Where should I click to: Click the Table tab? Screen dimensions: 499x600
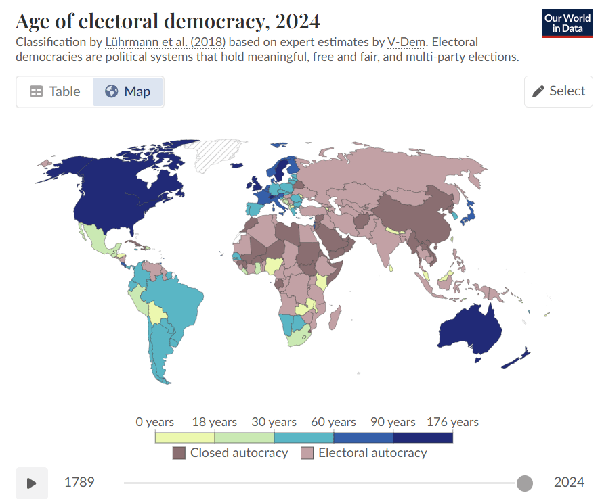click(x=55, y=91)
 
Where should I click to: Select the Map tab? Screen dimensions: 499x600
click(x=128, y=91)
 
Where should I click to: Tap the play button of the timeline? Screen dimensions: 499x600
click(x=32, y=483)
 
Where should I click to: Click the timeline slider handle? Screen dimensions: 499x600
click(x=524, y=483)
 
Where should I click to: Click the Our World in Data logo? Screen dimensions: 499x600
click(x=567, y=24)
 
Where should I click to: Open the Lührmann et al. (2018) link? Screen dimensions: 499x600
click(x=166, y=42)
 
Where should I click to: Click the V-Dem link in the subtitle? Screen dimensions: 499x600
click(x=406, y=42)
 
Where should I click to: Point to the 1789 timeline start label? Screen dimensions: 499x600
click(x=79, y=483)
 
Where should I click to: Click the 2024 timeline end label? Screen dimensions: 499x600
click(x=569, y=483)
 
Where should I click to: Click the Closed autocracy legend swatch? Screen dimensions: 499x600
click(x=179, y=453)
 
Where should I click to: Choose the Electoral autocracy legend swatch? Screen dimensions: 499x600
click(x=307, y=453)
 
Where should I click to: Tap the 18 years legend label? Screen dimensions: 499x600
click(x=214, y=422)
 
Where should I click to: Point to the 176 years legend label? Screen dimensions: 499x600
click(x=452, y=422)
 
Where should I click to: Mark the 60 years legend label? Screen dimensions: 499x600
click(x=333, y=422)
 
